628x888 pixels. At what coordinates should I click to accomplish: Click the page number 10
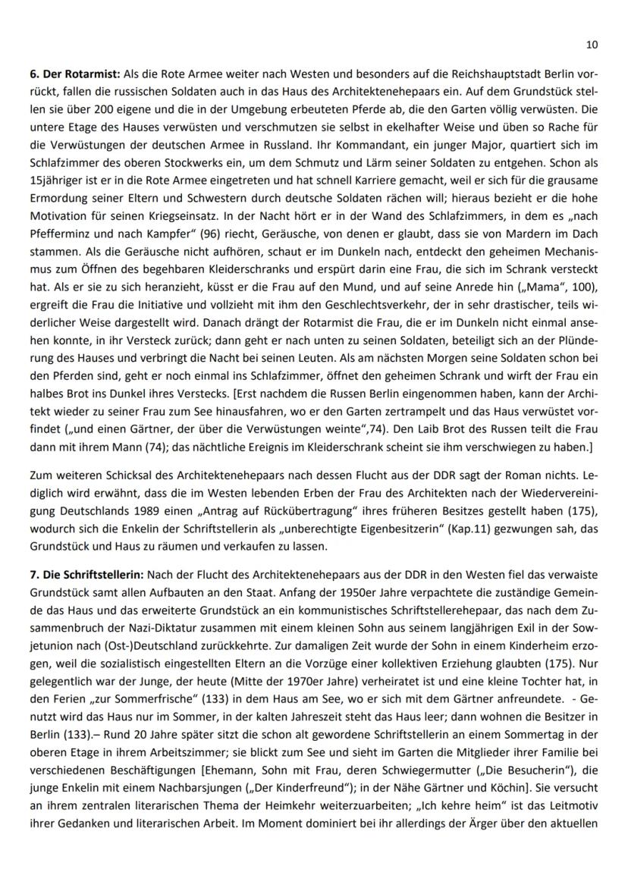(592, 45)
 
